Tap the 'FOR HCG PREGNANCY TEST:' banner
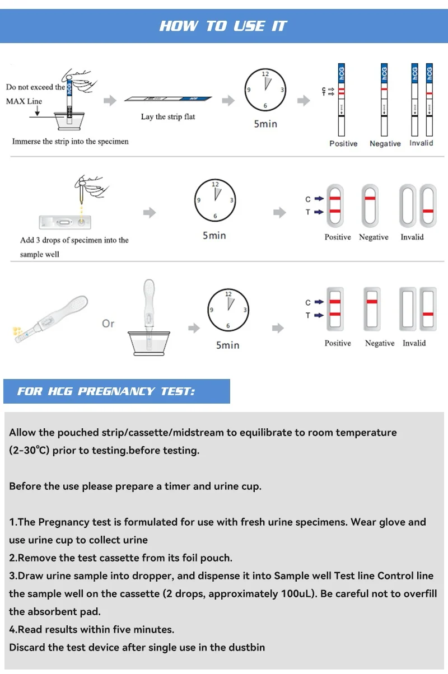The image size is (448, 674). coord(106,391)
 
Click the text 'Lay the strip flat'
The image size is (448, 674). coord(168,117)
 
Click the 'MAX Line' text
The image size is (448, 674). coord(24,101)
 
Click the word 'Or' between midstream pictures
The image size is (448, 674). coord(108,324)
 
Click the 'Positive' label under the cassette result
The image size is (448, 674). coord(338,237)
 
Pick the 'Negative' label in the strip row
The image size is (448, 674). coord(385,144)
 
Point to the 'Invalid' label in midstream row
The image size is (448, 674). coord(414,343)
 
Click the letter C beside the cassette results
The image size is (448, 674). coord(308,199)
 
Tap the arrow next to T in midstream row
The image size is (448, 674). coord(319,316)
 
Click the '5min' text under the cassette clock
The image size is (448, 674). coord(214,236)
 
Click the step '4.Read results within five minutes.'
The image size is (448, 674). coord(91,629)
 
